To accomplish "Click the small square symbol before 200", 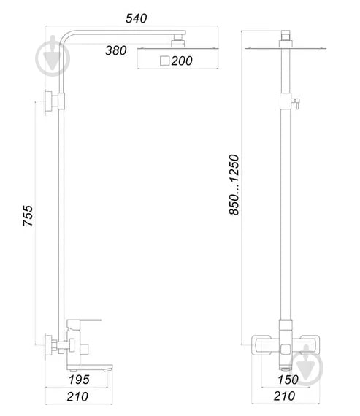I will [x=164, y=61].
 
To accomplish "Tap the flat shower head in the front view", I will [x=285, y=49].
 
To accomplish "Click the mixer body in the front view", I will [x=284, y=344].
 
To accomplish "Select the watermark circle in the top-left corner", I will [x=51, y=55].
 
